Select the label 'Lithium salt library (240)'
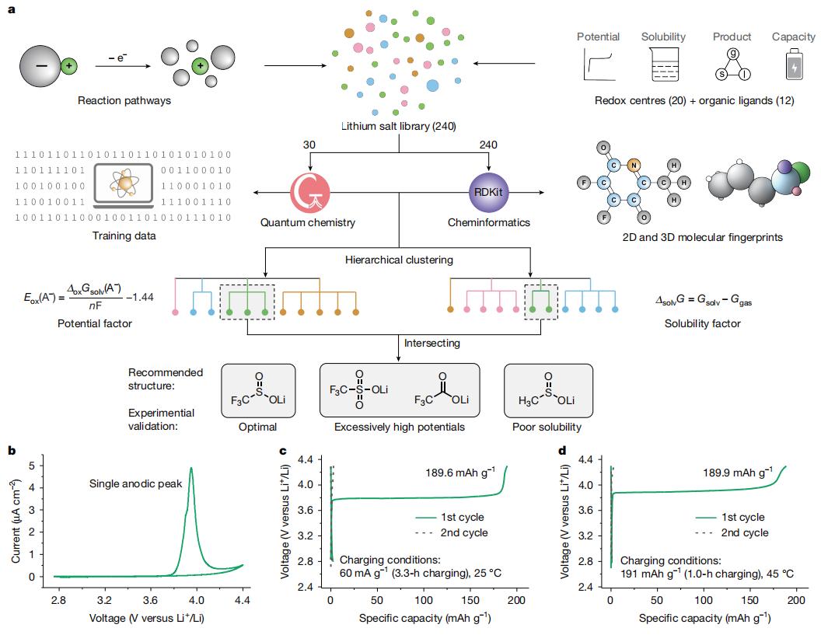click(399, 125)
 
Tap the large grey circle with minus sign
click(40, 66)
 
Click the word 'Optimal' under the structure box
click(258, 427)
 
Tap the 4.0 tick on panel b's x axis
click(196, 601)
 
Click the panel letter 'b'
click(12, 450)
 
